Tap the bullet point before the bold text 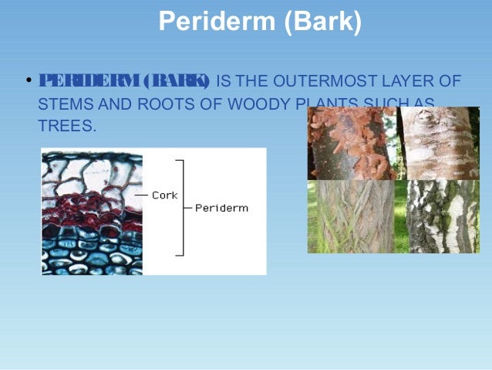pos(29,80)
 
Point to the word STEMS pos(64,102)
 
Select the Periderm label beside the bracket pos(221,209)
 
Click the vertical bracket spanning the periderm pos(182,207)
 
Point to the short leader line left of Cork pos(141,195)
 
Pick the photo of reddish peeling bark pos(351,144)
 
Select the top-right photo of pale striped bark pos(437,144)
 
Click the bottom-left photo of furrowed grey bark pos(351,217)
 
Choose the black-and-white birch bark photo pos(437,217)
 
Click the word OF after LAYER pos(450,80)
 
